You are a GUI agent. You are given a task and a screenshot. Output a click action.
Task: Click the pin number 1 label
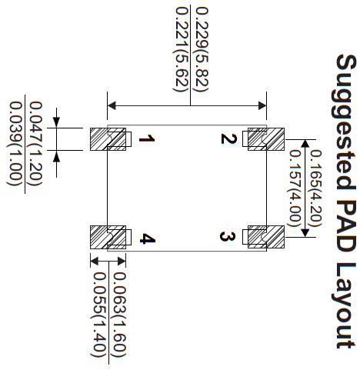click(x=147, y=139)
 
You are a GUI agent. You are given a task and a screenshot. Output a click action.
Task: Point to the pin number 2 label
click(x=228, y=138)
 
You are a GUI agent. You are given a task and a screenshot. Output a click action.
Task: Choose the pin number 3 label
click(x=228, y=236)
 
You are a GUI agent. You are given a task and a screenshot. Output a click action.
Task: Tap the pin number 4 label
click(x=148, y=238)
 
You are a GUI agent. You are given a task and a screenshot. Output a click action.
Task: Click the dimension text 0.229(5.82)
click(x=202, y=49)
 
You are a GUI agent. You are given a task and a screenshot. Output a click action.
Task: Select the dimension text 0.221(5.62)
click(x=182, y=49)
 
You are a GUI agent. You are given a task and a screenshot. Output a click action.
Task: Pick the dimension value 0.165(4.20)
click(x=315, y=188)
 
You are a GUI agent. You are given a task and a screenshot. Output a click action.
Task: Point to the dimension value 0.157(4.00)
click(x=295, y=188)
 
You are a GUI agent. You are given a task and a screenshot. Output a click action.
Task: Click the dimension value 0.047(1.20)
click(x=36, y=144)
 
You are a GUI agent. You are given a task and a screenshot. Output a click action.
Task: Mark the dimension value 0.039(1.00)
click(x=15, y=144)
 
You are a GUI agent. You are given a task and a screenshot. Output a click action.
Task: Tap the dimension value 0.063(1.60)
click(x=120, y=315)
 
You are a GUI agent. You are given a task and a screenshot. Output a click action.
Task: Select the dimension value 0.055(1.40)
click(x=99, y=315)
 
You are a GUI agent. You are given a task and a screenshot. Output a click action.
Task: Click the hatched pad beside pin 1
click(x=108, y=139)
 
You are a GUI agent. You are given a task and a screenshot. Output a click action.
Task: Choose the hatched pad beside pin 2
click(x=266, y=139)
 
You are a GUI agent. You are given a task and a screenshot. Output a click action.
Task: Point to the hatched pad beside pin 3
click(x=266, y=237)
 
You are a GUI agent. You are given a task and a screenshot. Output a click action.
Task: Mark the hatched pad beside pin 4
click(x=108, y=237)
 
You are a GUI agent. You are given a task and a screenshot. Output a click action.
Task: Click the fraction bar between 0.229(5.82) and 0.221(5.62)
click(x=190, y=55)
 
